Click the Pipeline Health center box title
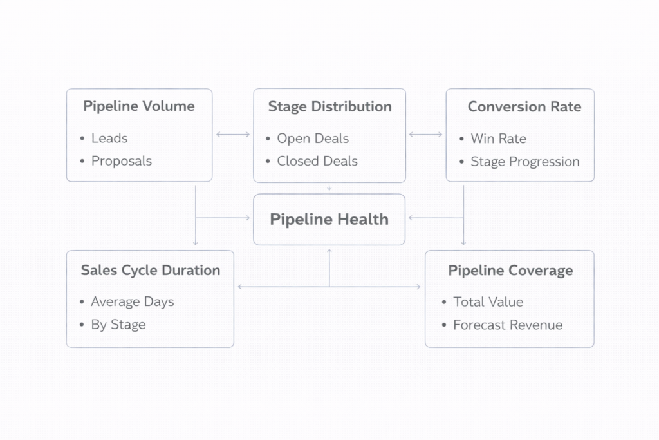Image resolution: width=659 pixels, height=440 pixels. [x=329, y=220]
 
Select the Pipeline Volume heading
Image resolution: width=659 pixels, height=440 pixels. [x=139, y=106]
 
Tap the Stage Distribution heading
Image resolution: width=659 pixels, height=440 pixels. [x=329, y=106]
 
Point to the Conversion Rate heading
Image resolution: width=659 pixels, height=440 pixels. [x=524, y=106]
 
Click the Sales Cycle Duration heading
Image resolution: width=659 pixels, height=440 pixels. [x=150, y=271]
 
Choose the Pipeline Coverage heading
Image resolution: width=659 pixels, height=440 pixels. [x=510, y=271]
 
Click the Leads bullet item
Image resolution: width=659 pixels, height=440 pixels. [x=109, y=139]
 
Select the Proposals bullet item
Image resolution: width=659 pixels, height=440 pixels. [x=122, y=161]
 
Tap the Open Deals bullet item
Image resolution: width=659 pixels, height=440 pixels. [x=313, y=139]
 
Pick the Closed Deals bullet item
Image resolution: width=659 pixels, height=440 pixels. [x=317, y=161]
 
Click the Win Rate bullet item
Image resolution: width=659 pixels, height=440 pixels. [x=498, y=139]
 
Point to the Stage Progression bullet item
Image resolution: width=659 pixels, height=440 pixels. [x=525, y=162]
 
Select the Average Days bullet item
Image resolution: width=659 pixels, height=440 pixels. [x=133, y=301]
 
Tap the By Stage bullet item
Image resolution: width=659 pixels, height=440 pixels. [x=118, y=325]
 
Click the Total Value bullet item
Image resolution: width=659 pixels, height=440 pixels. [x=488, y=301]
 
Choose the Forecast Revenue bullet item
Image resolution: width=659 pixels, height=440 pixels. [x=508, y=325]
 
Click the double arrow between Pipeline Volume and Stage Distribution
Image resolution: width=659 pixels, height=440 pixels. [x=233, y=135]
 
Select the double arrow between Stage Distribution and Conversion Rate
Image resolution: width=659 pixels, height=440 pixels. [x=425, y=135]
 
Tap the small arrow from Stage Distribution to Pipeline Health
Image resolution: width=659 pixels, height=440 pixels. [x=329, y=188]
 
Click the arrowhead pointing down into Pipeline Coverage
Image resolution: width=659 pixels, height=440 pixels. [x=463, y=244]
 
